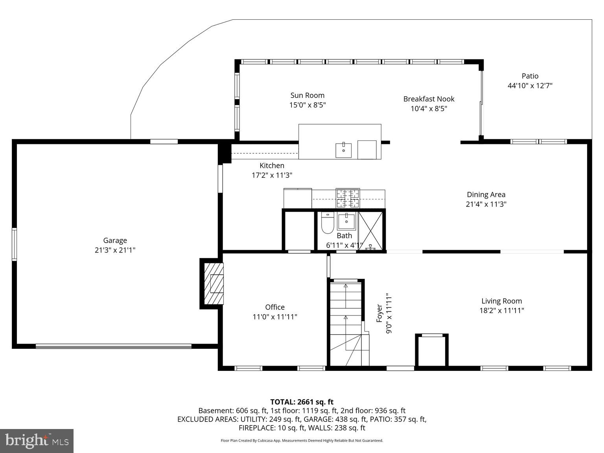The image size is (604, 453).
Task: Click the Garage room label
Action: [115, 240]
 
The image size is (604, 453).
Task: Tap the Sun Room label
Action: [307, 95]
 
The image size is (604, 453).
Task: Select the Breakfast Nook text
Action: [429, 99]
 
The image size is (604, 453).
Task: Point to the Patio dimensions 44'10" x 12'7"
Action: [530, 86]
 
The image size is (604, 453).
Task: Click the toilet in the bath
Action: [327, 223]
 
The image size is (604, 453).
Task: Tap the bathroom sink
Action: [346, 222]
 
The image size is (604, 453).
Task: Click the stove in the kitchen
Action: [348, 198]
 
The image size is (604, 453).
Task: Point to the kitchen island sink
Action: [343, 150]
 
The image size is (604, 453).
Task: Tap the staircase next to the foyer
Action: [346, 322]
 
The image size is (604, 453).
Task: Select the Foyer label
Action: [379, 313]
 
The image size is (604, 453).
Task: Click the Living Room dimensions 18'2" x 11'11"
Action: [501, 311]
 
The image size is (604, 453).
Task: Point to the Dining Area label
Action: [486, 195]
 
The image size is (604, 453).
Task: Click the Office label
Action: [274, 307]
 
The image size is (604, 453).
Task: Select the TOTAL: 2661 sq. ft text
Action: [302, 402]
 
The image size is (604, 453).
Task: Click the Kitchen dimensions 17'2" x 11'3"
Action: [272, 175]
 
